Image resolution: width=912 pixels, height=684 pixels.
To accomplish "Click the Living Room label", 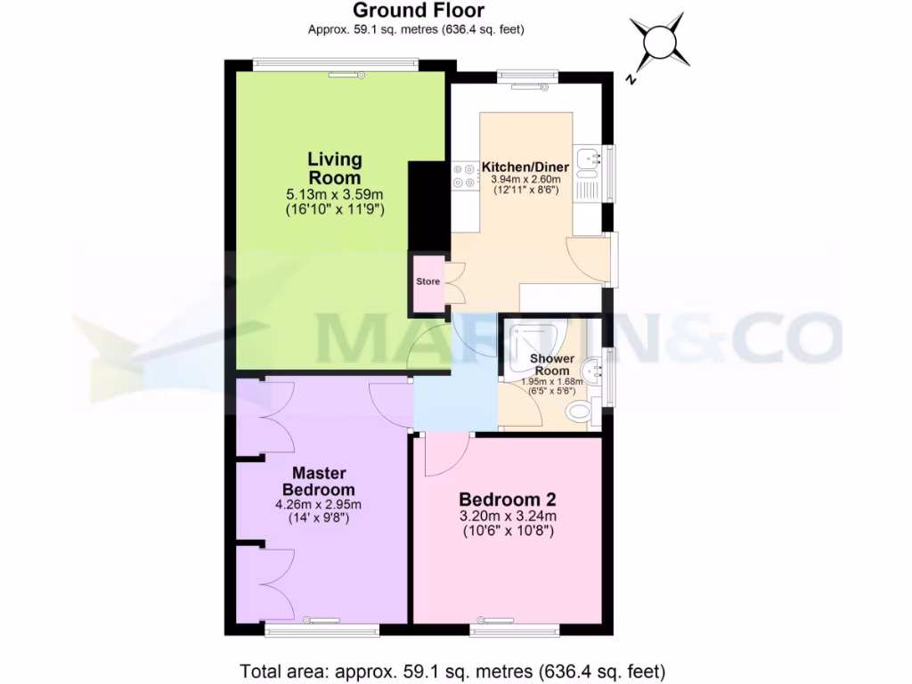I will tap(335, 168).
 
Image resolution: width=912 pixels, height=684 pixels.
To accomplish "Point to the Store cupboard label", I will tap(428, 282).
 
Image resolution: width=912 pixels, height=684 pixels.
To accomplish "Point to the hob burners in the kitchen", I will tap(464, 175).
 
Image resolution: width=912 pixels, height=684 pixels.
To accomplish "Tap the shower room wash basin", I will tap(591, 371).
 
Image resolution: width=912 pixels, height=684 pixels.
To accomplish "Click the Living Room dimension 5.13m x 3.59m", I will tap(335, 194).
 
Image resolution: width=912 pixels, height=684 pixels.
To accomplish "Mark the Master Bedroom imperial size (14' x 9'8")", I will tap(318, 518).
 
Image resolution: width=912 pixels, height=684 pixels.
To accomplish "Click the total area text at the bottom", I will tap(453, 671).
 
